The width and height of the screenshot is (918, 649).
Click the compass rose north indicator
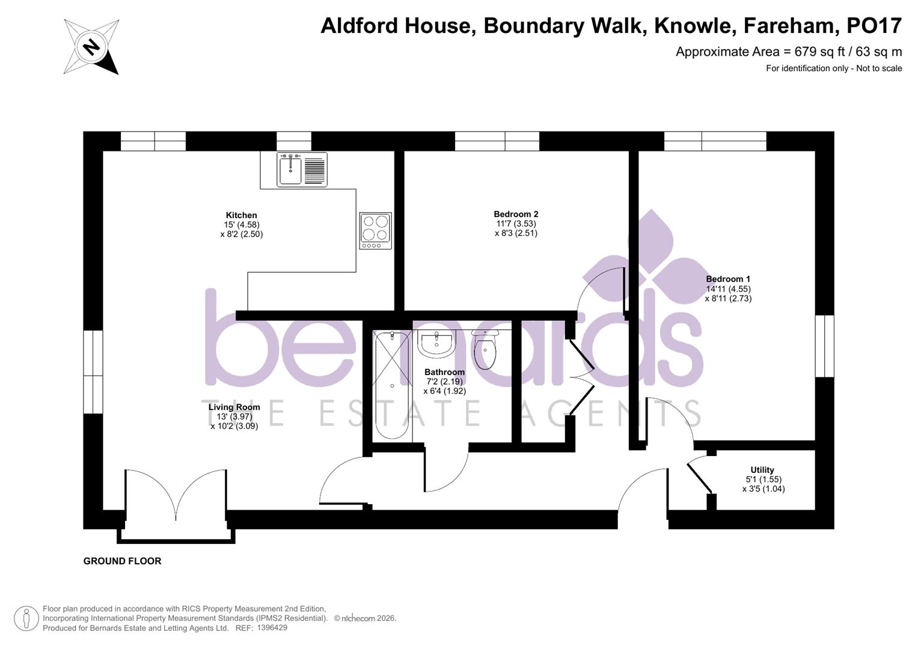91,47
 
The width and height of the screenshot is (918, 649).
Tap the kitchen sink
291,169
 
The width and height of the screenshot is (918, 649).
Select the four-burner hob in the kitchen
376,230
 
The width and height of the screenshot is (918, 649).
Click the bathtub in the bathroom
392,385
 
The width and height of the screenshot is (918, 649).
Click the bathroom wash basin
437,344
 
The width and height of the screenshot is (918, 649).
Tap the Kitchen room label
241,215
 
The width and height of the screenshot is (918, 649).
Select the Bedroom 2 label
516,214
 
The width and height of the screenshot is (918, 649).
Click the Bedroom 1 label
728,279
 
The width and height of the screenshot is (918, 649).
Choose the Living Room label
234,407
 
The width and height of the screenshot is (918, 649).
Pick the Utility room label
762,470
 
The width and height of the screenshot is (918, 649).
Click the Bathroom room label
444,372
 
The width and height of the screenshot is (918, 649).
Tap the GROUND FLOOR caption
122,561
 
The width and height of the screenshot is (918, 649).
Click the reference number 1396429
272,628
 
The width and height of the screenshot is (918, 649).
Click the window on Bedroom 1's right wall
824,346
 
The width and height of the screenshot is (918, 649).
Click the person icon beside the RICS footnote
26,618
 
